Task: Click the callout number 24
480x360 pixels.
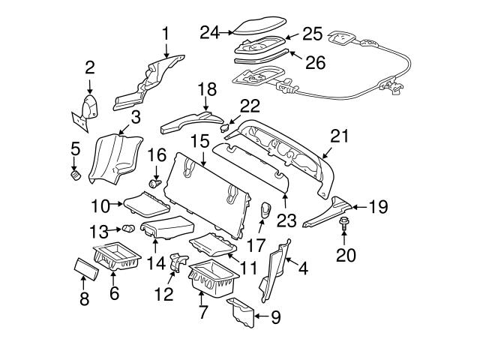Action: (210, 31)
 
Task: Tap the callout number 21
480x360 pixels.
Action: (340, 135)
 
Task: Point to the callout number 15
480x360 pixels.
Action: (199, 140)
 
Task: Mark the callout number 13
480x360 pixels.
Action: (99, 229)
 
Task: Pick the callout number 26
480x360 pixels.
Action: (315, 62)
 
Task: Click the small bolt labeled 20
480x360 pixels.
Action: (343, 223)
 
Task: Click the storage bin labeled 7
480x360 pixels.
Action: (212, 281)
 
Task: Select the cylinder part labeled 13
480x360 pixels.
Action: (128, 228)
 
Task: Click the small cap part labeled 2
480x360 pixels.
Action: (91, 106)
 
